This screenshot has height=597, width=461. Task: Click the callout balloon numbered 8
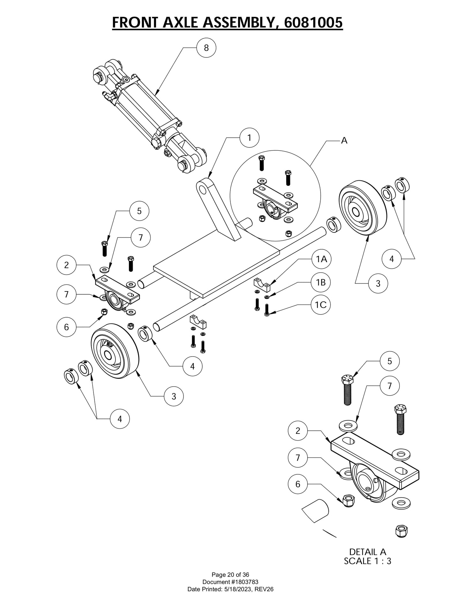pyautogui.click(x=206, y=48)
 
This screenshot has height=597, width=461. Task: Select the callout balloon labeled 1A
pyautogui.click(x=321, y=259)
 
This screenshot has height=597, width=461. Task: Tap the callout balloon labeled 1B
pyautogui.click(x=321, y=282)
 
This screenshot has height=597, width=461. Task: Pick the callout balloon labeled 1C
pyautogui.click(x=321, y=305)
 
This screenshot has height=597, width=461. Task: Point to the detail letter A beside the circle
pyautogui.click(x=344, y=140)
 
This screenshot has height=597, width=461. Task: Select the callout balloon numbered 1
pyautogui.click(x=249, y=138)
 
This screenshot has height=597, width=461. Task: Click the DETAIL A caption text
pyautogui.click(x=368, y=552)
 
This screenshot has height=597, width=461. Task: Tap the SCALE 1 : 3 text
pyautogui.click(x=368, y=561)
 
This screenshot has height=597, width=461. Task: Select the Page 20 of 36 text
pyautogui.click(x=230, y=575)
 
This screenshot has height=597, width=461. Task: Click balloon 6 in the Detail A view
pyautogui.click(x=298, y=484)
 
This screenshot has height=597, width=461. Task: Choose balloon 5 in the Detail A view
pyautogui.click(x=389, y=361)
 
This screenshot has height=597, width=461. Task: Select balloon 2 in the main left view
pyautogui.click(x=66, y=265)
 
